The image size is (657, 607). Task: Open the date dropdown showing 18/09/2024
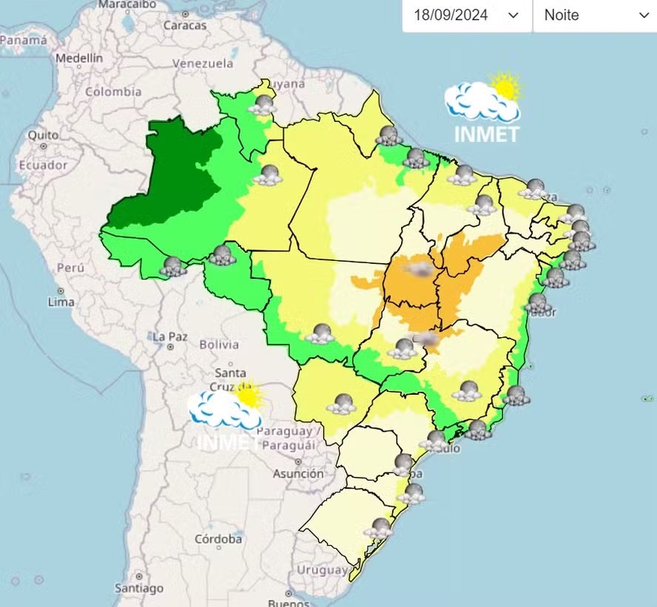coord(467,16)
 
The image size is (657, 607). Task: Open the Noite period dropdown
coord(595,16)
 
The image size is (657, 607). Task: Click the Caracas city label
coord(185,25)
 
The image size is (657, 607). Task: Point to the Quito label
coord(43,135)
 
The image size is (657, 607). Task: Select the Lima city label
coord(61,302)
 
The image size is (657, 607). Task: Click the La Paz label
coord(169,336)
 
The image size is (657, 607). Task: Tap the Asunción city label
coord(298,473)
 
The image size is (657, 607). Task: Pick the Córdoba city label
coord(218,539)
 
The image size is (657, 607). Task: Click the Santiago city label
coord(139,589)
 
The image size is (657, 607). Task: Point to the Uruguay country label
coord(322,570)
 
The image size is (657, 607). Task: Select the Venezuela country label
coord(203,64)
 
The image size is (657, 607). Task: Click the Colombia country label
coord(113,92)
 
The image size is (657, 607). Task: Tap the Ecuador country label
coord(43,165)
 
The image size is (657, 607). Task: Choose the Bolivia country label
coord(219,344)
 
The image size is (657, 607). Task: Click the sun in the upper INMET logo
coord(506,86)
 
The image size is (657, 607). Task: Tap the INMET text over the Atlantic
coord(487,134)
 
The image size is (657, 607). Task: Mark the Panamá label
coord(23,41)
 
